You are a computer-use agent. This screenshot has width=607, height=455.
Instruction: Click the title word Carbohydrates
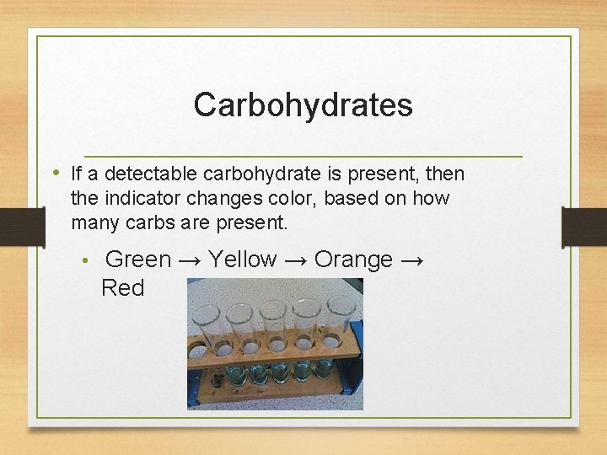303,105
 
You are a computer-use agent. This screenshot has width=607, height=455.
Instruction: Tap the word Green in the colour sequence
138,260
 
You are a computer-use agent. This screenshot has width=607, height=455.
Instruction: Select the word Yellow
242,260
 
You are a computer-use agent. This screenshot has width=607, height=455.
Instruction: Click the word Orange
353,260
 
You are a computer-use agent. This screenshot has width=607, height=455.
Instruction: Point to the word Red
122,288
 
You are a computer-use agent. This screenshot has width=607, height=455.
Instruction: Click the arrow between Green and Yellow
190,260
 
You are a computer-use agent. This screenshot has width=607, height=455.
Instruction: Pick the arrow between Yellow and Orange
295,260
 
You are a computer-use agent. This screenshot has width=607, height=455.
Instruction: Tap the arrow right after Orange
412,260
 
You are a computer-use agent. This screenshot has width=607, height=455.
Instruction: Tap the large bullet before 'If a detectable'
56,173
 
